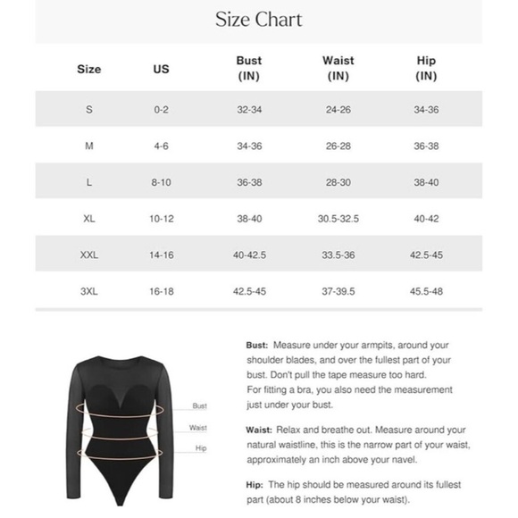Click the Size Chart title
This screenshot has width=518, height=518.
[259, 20]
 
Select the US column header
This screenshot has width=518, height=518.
[161, 69]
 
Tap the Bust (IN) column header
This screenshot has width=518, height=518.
[249, 69]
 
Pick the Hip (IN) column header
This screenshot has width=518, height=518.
[427, 69]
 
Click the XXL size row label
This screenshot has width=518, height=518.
[89, 255]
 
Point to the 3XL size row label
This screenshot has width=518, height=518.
[89, 291]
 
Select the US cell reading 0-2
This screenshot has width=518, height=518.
[161, 109]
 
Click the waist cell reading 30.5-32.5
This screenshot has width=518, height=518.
[338, 219]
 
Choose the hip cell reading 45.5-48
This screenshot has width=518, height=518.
[427, 291]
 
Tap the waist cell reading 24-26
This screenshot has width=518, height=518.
[338, 109]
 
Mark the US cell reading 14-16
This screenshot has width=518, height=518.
[161, 255]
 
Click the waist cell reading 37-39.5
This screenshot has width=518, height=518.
[338, 291]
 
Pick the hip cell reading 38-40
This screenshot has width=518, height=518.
[427, 182]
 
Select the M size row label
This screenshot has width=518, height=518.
[89, 146]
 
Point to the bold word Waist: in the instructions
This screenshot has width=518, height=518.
[260, 430]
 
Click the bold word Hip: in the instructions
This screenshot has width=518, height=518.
[254, 483]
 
